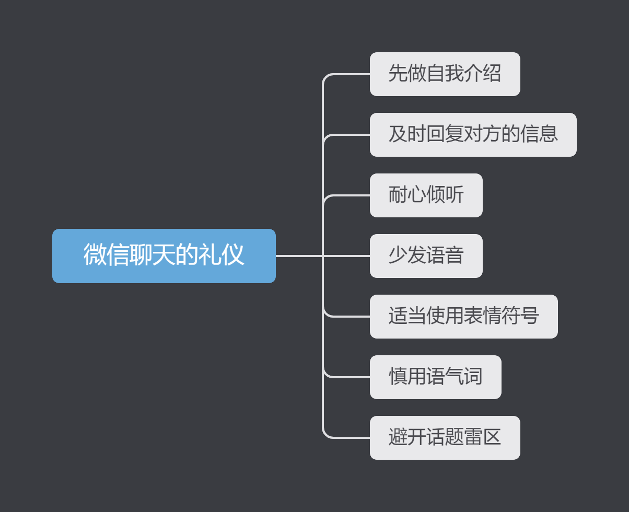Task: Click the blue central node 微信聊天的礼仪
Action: click(164, 256)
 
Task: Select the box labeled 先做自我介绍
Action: click(445, 74)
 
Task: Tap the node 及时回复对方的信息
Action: click(473, 135)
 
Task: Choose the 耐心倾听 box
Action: click(426, 195)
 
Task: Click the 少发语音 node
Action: click(426, 256)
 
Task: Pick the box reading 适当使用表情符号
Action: click(463, 317)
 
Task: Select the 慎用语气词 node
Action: click(435, 377)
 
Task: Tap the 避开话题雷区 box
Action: click(445, 438)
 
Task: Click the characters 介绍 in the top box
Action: click(483, 74)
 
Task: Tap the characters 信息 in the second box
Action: click(539, 134)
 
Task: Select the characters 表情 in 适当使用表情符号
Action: click(483, 316)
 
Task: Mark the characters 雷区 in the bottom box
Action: click(483, 437)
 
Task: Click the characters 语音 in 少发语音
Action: click(445, 255)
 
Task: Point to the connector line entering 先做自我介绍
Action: click(347, 74)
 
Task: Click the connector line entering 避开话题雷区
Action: click(347, 437)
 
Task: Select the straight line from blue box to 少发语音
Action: click(298, 256)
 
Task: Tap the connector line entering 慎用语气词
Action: click(347, 377)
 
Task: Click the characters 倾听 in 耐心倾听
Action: click(445, 195)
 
